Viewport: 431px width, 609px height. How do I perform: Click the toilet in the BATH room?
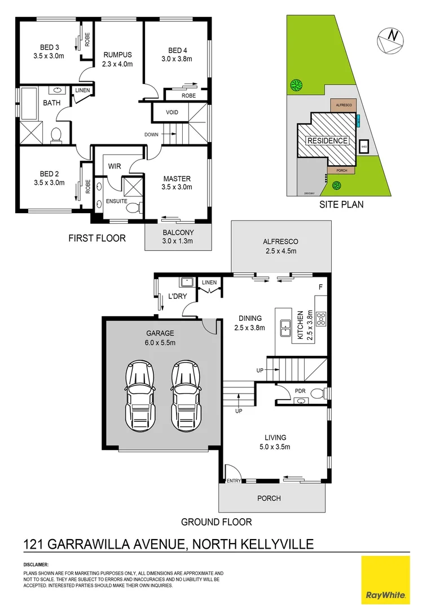[56, 135]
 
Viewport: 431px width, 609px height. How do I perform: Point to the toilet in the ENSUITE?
[133, 209]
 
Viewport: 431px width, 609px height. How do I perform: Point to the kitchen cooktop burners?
[322, 320]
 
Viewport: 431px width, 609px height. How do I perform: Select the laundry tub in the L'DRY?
[185, 283]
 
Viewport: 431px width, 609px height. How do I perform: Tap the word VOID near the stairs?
[171, 112]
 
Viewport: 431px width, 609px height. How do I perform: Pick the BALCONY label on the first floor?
[178, 232]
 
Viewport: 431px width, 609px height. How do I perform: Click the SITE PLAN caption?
[341, 205]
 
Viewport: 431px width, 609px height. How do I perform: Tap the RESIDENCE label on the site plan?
[327, 140]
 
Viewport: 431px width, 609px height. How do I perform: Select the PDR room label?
[300, 390]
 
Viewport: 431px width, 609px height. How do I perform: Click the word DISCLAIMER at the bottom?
[36, 564]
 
